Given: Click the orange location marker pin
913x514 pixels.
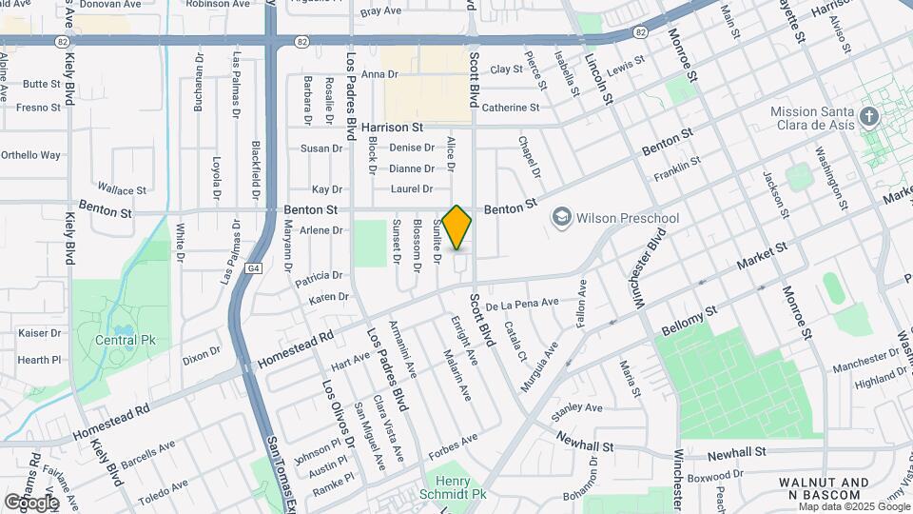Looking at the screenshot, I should (x=457, y=227).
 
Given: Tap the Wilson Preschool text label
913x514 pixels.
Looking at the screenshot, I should (x=628, y=218).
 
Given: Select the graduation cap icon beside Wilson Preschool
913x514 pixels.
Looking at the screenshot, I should (x=561, y=218).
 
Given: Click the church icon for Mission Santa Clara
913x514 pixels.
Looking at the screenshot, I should (x=867, y=117).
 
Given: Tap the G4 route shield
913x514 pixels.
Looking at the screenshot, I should (x=251, y=268).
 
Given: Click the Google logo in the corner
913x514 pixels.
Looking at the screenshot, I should (x=31, y=502).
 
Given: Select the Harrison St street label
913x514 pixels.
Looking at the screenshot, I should (x=392, y=127).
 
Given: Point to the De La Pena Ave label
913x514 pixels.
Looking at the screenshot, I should (x=522, y=304).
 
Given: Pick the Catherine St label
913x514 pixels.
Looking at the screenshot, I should (x=511, y=108).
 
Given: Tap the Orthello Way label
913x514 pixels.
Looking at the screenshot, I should (x=30, y=155).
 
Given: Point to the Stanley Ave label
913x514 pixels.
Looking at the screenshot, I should (x=579, y=407).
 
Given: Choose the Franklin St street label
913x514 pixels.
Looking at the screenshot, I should (x=677, y=169).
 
